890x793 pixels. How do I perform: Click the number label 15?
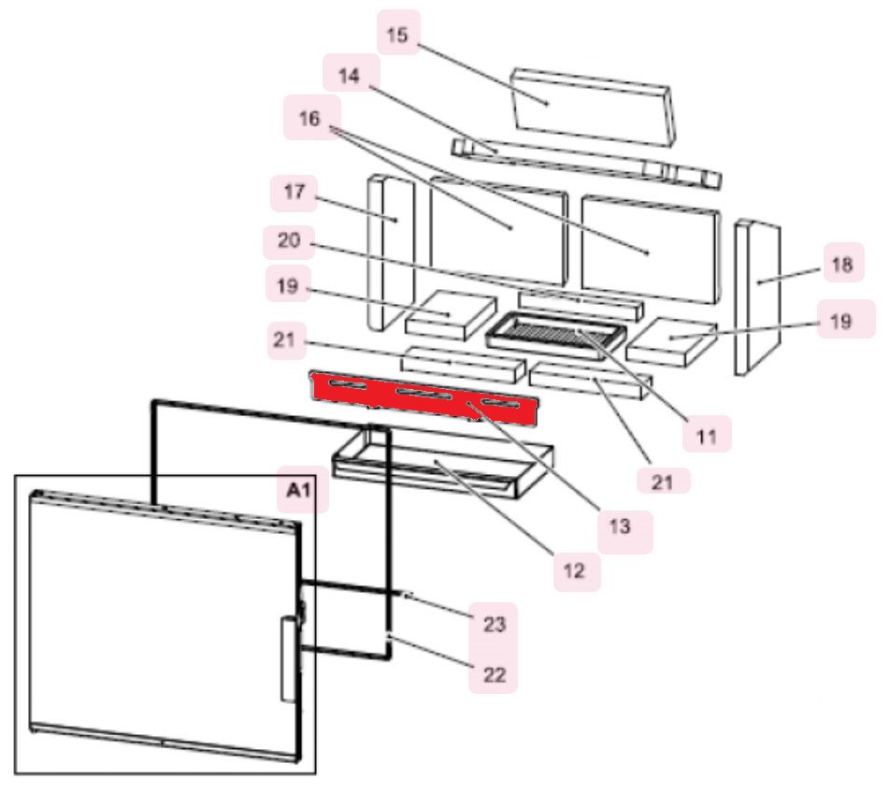(x=397, y=35)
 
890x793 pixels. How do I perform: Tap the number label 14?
(x=348, y=76)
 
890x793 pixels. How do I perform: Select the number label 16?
(x=309, y=119)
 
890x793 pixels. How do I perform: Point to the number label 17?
(x=294, y=195)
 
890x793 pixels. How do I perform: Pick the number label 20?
(x=288, y=240)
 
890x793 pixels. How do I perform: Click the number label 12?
(x=576, y=570)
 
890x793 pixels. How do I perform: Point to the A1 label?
(x=300, y=490)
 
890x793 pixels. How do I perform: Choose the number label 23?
(x=495, y=624)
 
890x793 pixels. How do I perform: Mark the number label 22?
(x=493, y=674)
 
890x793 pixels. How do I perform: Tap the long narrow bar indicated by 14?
(x=584, y=161)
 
